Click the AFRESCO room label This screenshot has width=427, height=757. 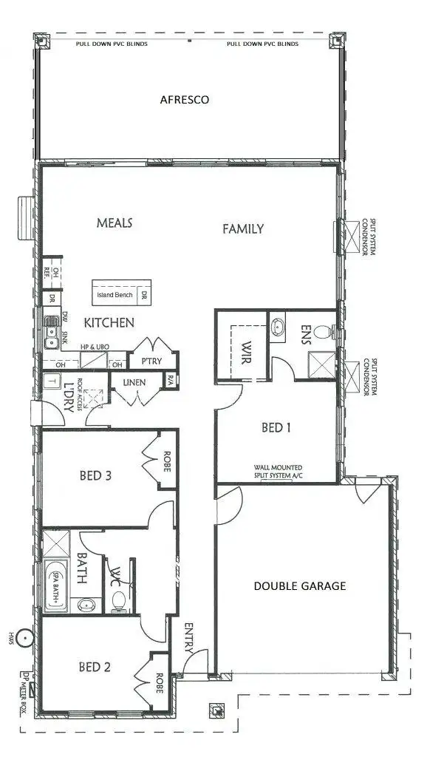coord(185,99)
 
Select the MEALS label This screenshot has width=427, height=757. coord(115,223)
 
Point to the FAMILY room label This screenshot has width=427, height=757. coord(243,229)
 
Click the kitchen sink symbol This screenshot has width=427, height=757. coord(51,333)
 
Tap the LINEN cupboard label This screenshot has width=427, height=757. coord(134,382)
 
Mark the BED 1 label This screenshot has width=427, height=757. coord(276,427)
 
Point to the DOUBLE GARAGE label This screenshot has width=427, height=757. coord(300,586)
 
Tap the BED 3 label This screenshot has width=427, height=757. coord(95,475)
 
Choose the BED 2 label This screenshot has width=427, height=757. coord(95,667)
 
